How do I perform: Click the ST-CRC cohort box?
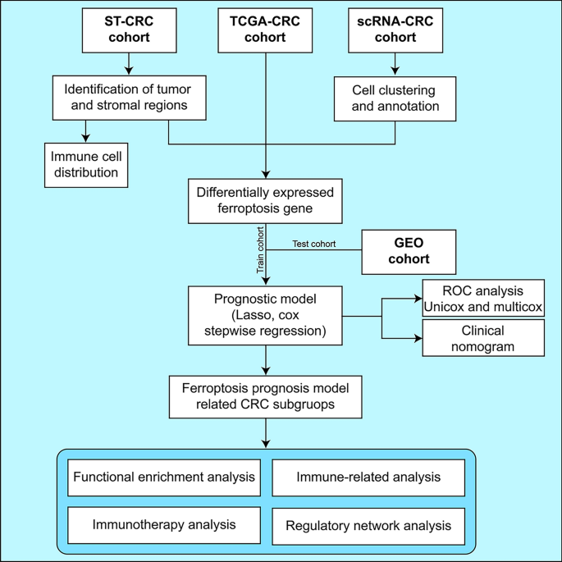tap(128, 30)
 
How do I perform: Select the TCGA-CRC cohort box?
tap(266, 30)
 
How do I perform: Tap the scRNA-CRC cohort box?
tap(395, 30)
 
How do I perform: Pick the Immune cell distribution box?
tap(86, 164)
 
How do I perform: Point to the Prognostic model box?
tap(266, 315)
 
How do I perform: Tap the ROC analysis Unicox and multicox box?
tap(483, 299)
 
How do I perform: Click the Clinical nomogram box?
tap(483, 337)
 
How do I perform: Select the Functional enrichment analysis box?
tap(164, 477)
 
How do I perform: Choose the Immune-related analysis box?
tap(368, 477)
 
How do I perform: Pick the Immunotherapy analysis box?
tap(164, 524)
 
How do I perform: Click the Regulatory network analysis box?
tap(368, 525)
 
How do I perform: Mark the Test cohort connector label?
tap(314, 244)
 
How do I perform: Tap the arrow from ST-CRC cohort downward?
tap(128, 64)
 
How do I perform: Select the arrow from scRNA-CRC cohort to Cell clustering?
tap(395, 64)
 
